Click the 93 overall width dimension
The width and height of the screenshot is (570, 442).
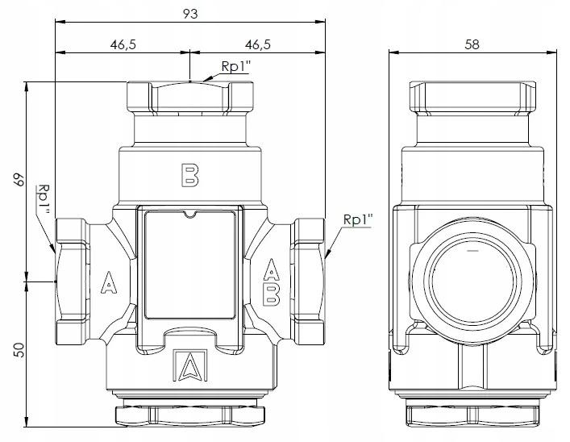point(189,14)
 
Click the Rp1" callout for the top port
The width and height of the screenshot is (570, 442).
point(235,68)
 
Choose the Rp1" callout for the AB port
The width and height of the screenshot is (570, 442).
point(356,219)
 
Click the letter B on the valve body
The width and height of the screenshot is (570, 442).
point(189,176)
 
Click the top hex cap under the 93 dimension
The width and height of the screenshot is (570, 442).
point(189,96)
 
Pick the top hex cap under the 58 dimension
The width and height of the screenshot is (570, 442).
point(472,96)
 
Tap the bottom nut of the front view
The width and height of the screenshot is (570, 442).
point(189,415)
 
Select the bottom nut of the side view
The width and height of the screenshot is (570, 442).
point(472,415)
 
